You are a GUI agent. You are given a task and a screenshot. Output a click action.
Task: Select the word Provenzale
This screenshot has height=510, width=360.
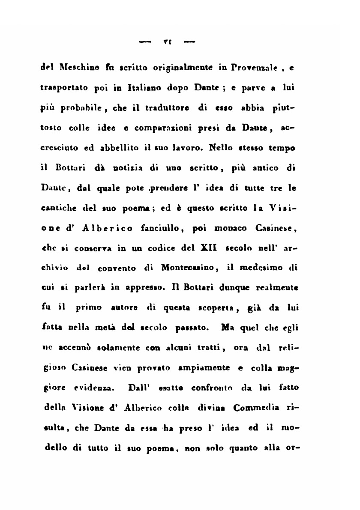click(x=249, y=68)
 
